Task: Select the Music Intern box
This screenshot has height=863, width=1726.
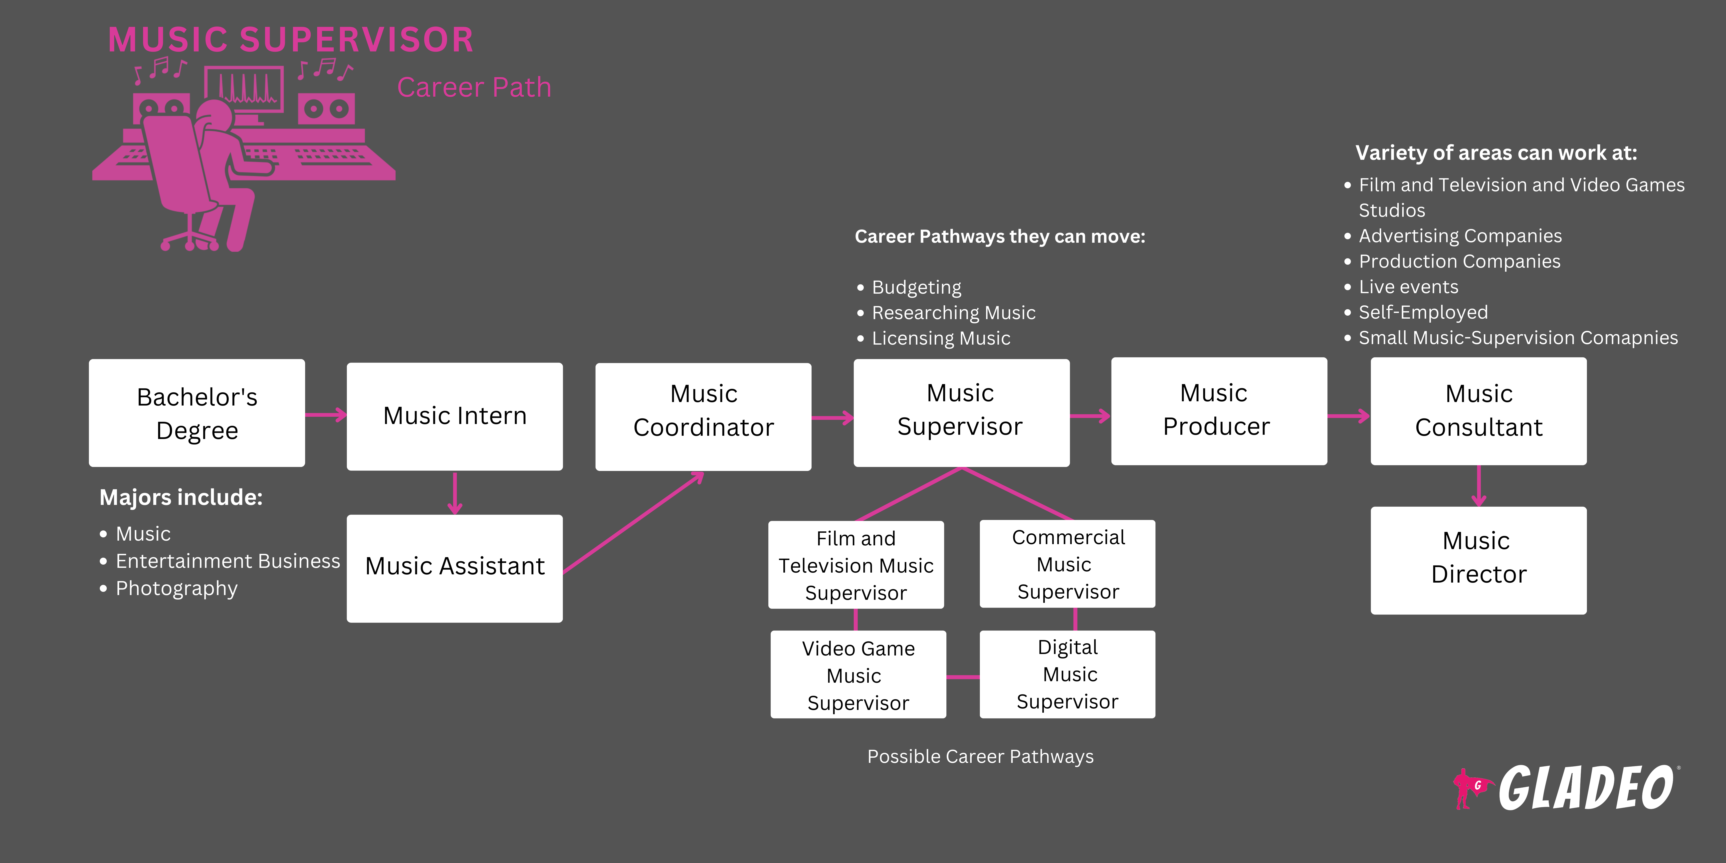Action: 454,416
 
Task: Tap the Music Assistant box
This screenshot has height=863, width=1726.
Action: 454,568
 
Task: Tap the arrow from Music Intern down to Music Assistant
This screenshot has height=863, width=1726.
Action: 455,493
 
